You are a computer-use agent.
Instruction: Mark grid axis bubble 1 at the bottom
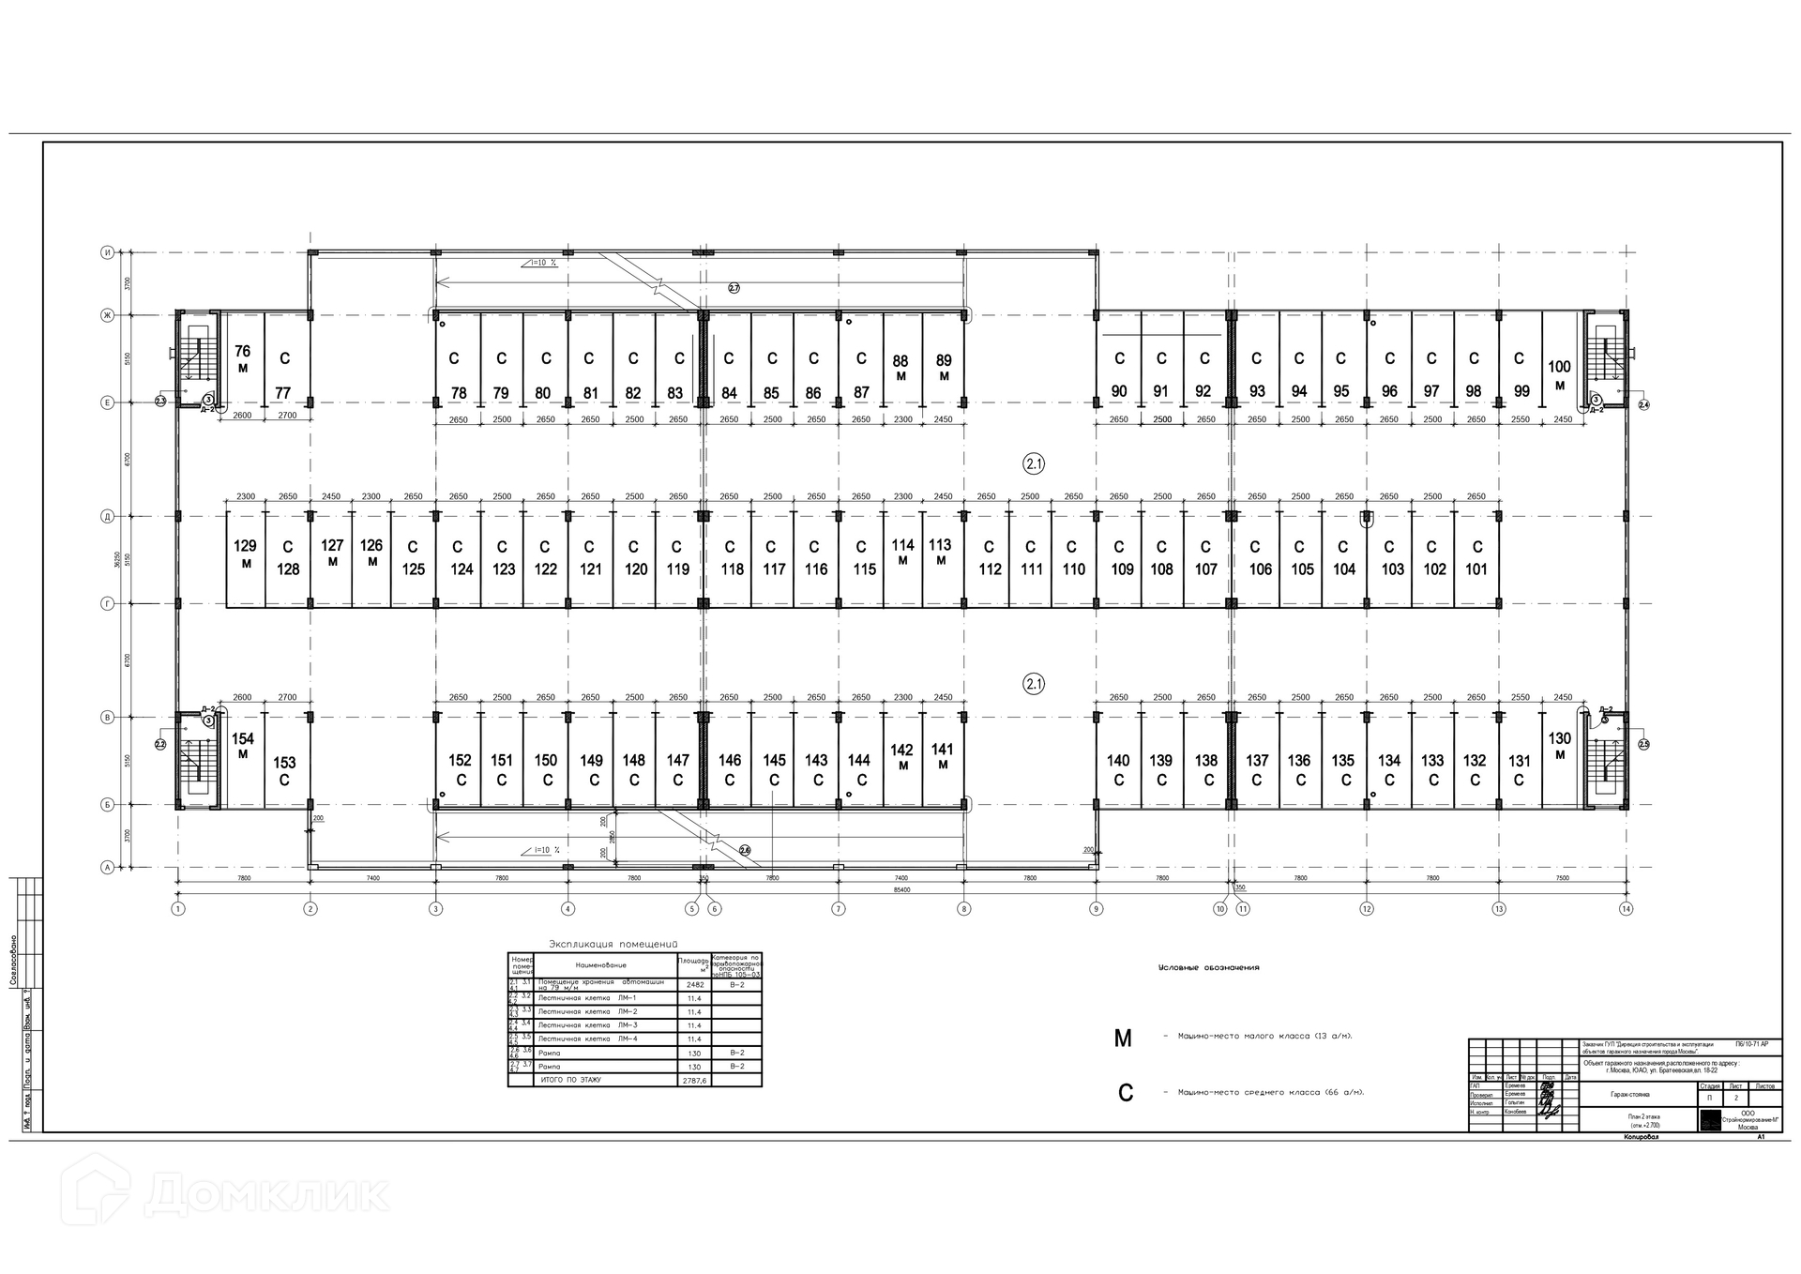[178, 908]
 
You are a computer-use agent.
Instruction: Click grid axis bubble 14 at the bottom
[1626, 908]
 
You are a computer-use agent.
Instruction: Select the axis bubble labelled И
[108, 252]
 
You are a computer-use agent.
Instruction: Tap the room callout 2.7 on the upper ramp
[734, 288]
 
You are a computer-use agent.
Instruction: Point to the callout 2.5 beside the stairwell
[1643, 744]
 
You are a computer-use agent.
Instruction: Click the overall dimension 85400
[900, 889]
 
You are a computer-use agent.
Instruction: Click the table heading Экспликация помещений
[613, 944]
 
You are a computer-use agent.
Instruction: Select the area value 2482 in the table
[694, 985]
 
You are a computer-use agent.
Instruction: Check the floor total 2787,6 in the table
[694, 1080]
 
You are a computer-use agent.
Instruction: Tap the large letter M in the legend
[1123, 1039]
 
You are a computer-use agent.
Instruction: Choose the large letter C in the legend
[1125, 1093]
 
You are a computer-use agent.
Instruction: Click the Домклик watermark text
[266, 1193]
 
